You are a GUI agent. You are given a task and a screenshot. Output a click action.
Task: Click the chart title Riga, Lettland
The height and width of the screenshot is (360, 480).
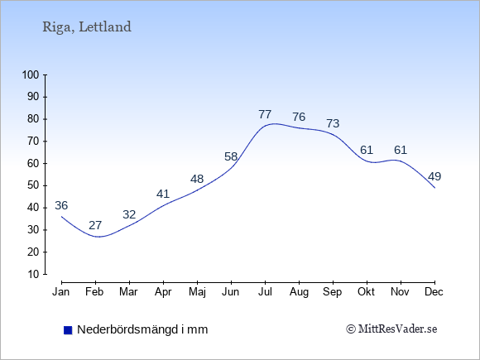[x=87, y=27]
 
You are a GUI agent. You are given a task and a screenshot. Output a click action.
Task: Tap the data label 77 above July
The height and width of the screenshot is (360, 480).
[x=265, y=114]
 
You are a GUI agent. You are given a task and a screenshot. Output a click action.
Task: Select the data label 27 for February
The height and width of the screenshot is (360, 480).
[x=95, y=225]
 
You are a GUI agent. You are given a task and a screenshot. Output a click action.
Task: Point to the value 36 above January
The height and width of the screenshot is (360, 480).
[x=61, y=205]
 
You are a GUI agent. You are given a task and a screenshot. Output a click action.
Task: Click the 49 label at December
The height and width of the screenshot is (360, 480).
[x=434, y=176]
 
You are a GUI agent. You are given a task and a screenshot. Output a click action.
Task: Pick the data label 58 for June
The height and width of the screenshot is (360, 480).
[x=231, y=156]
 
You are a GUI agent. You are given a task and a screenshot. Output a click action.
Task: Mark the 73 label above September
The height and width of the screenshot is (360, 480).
[x=333, y=123]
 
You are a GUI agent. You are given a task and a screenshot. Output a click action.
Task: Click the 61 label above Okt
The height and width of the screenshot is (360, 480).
[x=367, y=150]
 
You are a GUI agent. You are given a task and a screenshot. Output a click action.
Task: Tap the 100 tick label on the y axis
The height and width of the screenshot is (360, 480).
[x=31, y=74]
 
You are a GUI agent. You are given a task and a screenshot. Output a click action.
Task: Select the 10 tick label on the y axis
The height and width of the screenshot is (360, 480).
[x=33, y=274]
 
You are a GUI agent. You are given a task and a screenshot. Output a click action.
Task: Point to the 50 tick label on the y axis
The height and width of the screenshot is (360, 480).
[x=33, y=185]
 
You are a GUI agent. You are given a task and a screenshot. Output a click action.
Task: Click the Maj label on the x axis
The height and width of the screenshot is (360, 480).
[x=197, y=292]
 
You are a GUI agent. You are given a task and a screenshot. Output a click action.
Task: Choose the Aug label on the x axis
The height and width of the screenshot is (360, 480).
[x=299, y=292]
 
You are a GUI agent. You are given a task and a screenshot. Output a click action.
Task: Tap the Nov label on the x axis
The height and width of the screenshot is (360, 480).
[x=400, y=292]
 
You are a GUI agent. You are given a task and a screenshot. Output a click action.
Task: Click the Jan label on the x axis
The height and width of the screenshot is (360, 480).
[x=61, y=292]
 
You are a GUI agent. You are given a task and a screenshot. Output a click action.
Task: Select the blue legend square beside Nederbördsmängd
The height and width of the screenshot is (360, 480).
[x=68, y=330]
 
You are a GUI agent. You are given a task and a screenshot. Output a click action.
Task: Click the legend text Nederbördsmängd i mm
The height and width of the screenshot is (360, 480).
[x=142, y=329]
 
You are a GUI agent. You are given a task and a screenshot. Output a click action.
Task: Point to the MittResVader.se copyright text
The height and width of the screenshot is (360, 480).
[x=391, y=329]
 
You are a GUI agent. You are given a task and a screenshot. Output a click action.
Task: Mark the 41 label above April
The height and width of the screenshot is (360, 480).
[x=163, y=194]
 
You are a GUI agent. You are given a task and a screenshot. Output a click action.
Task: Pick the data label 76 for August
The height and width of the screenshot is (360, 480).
[x=299, y=117]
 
